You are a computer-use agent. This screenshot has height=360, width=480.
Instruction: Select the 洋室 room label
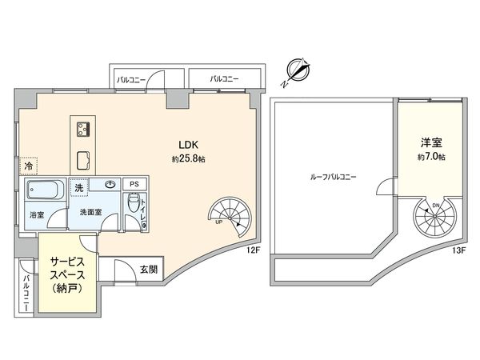433,143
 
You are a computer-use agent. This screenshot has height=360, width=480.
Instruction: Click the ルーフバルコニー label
334,176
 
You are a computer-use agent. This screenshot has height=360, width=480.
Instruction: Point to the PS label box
134,184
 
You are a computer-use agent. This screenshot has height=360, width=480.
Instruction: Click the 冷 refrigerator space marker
29,168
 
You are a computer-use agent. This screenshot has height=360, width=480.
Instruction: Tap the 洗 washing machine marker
79,187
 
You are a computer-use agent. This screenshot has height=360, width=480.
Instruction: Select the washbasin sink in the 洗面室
108,184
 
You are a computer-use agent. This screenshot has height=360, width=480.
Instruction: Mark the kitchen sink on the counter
83,156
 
